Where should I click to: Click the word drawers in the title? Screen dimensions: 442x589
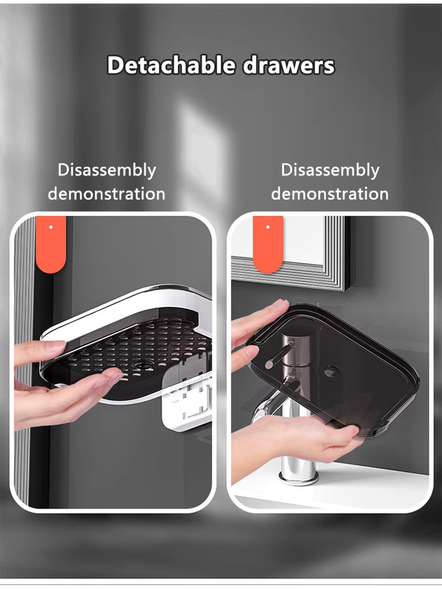[289, 65]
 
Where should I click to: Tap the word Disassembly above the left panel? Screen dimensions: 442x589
[107, 171]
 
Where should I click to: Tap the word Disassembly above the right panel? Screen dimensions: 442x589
[330, 171]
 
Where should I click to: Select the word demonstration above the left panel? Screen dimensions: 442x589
[107, 194]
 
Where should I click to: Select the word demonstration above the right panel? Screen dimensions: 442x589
[330, 194]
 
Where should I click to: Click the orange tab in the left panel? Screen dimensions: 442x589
[50, 244]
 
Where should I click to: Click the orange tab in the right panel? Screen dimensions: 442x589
[268, 244]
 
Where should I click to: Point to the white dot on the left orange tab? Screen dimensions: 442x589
[50, 227]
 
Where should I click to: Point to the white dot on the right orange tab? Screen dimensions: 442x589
[268, 227]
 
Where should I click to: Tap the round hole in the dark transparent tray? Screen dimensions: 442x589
[331, 372]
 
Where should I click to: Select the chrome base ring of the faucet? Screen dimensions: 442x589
[299, 478]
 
